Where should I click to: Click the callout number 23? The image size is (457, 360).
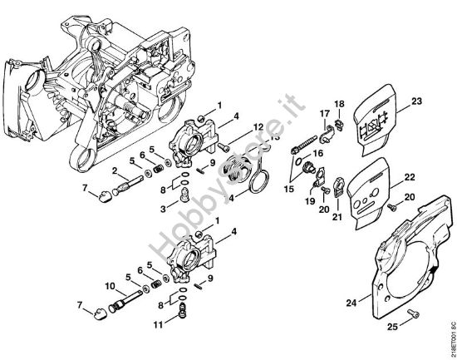click(x=417, y=102)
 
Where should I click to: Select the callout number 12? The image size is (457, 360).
click(x=258, y=126)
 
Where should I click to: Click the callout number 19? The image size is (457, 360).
click(x=309, y=200)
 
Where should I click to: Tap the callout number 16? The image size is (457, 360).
click(x=317, y=154)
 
